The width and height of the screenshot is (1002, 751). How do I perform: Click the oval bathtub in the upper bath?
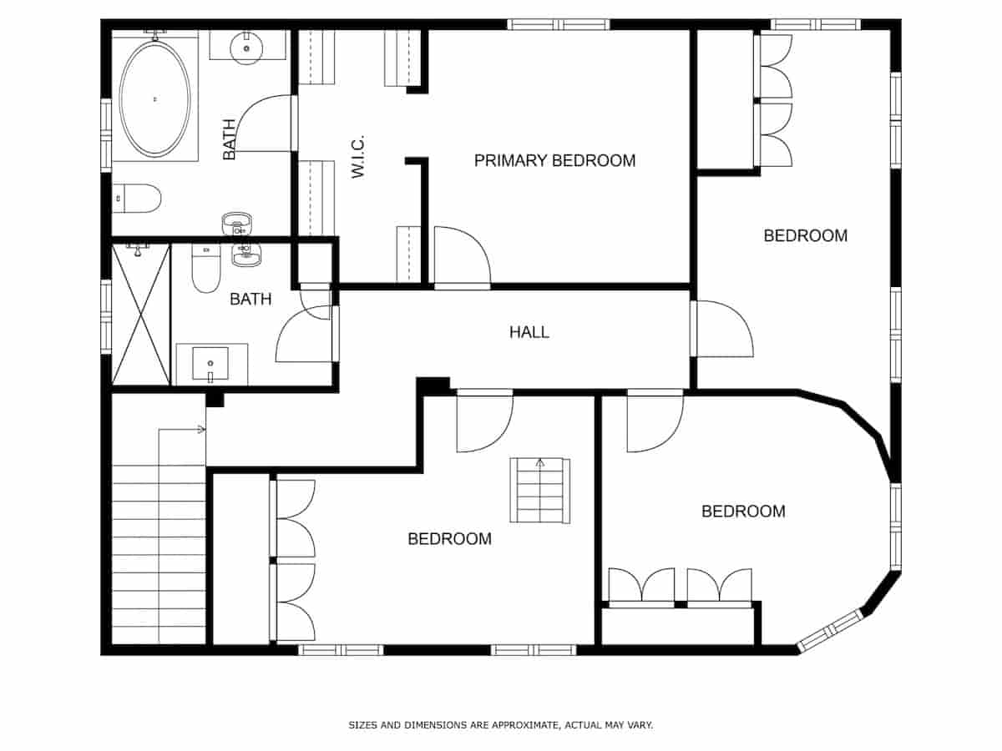click(x=154, y=99)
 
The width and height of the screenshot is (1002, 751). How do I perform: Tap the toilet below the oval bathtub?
click(x=138, y=199)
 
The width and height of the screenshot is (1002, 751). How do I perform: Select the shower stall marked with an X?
click(x=141, y=314)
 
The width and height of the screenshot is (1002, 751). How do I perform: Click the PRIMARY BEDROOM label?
click(x=554, y=160)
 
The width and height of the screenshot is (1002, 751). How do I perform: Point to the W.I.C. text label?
click(x=358, y=156)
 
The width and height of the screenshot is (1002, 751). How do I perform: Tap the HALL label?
click(x=529, y=332)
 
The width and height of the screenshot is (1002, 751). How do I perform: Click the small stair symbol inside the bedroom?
click(x=541, y=491)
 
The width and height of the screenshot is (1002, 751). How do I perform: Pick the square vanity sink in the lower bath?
click(x=210, y=365)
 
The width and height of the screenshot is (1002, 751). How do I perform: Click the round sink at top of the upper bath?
click(x=246, y=47)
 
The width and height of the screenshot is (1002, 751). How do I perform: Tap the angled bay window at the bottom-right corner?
click(x=830, y=631)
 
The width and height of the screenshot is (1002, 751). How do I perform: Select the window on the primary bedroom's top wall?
click(x=559, y=24)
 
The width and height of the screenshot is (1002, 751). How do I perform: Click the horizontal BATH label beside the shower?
click(x=250, y=299)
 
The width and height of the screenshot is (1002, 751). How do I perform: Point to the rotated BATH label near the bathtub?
click(x=230, y=139)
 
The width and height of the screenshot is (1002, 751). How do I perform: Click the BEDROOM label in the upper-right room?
click(x=805, y=235)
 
